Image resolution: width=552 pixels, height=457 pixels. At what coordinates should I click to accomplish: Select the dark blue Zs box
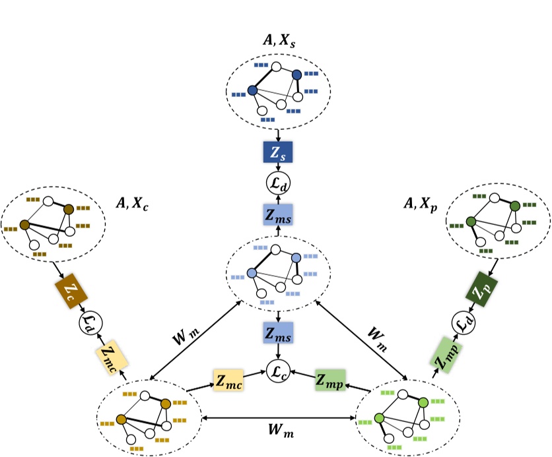pyautogui.click(x=278, y=154)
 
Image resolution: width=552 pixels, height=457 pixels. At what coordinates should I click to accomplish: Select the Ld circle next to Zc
pyautogui.click(x=88, y=322)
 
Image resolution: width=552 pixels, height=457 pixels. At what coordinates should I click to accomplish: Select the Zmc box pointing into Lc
pyautogui.click(x=228, y=382)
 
